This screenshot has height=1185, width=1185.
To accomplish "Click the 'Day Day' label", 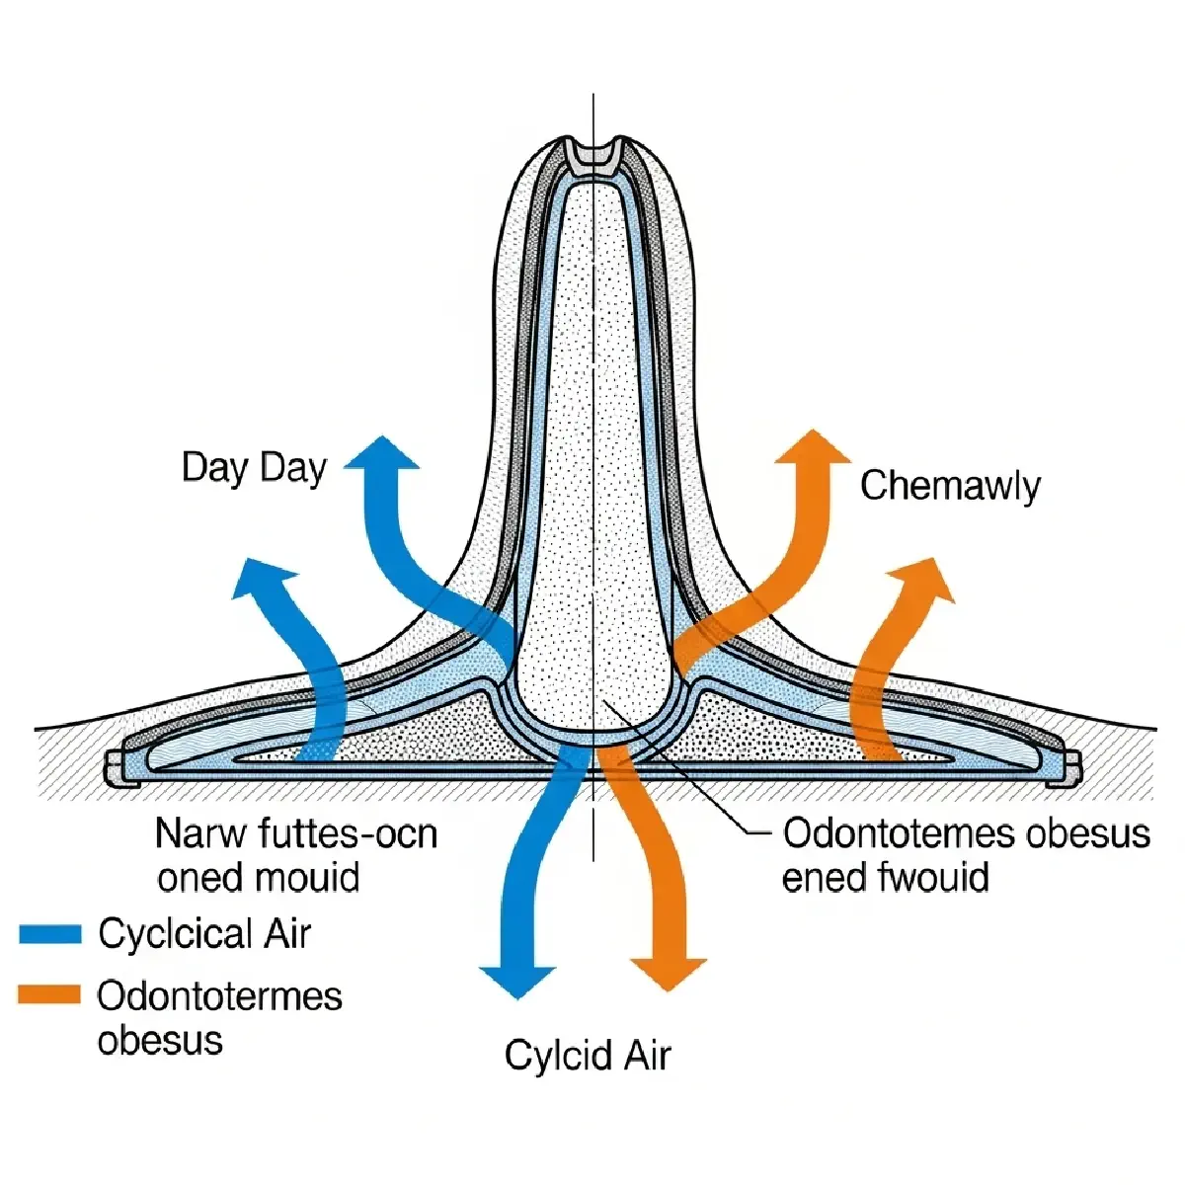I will pyautogui.click(x=254, y=467).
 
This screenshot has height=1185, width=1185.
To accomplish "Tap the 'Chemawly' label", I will pyautogui.click(x=949, y=486).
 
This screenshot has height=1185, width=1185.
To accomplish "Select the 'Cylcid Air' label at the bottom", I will pyautogui.click(x=588, y=1056).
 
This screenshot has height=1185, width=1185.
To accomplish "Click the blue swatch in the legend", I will pyautogui.click(x=49, y=934).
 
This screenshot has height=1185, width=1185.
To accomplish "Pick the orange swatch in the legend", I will pyautogui.click(x=49, y=994).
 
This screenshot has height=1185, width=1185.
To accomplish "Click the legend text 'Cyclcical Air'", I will pyautogui.click(x=204, y=934).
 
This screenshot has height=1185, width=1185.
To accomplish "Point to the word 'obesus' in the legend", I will pyautogui.click(x=160, y=1040).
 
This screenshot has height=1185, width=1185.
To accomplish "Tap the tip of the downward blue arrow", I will pyautogui.click(x=518, y=992).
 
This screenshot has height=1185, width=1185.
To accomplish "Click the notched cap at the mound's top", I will pyautogui.click(x=592, y=152).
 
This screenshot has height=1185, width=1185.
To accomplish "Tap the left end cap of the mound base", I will pyautogui.click(x=115, y=766).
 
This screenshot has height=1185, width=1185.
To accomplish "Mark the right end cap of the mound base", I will pyautogui.click(x=1070, y=766).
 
